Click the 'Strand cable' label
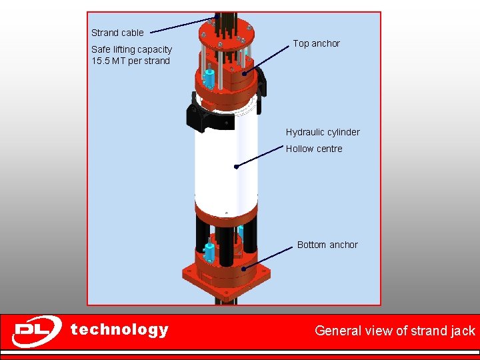click(x=117, y=33)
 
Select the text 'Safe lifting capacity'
click(x=131, y=49)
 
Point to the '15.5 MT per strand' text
click(x=131, y=61)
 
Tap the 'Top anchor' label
click(x=316, y=43)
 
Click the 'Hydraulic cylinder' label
click(x=323, y=132)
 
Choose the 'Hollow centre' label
click(x=314, y=149)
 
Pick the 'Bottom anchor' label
click(x=327, y=245)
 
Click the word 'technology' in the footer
click(x=119, y=329)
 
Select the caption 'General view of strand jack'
click(x=395, y=330)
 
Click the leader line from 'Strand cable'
click(x=180, y=25)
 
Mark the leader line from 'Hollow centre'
click(x=260, y=157)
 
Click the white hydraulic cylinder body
click(x=225, y=167)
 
